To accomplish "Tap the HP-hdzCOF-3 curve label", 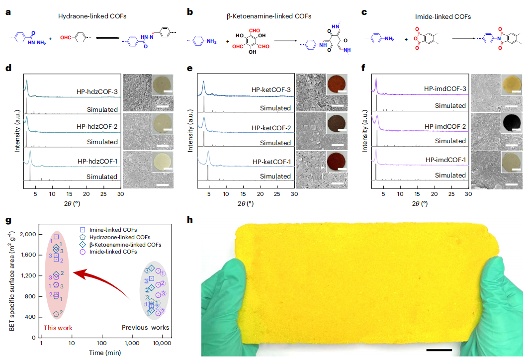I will (x=97, y=92).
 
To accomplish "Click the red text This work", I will (x=58, y=328).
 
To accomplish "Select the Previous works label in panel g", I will (x=146, y=328).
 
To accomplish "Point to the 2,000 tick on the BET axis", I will (x=27, y=234).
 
